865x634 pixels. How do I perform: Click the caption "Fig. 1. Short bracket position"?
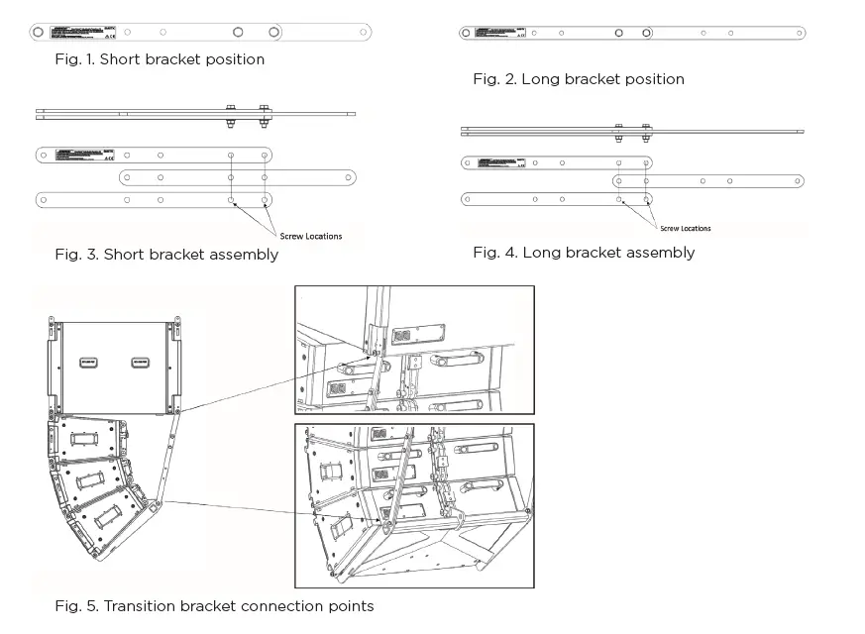pyautogui.click(x=160, y=59)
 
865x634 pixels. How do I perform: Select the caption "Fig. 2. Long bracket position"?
pyautogui.click(x=578, y=79)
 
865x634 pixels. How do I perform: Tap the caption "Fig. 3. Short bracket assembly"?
pyautogui.click(x=166, y=255)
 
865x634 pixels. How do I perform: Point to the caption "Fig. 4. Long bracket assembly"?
pyautogui.click(x=584, y=253)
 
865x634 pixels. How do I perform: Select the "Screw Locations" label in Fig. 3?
pyautogui.click(x=311, y=236)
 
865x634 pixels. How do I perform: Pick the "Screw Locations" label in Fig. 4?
pyautogui.click(x=685, y=228)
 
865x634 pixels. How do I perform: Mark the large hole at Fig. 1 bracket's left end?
pyautogui.click(x=38, y=33)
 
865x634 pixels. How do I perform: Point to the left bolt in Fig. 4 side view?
pyautogui.click(x=619, y=131)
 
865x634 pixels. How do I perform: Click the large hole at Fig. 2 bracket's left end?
pyautogui.click(x=467, y=33)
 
